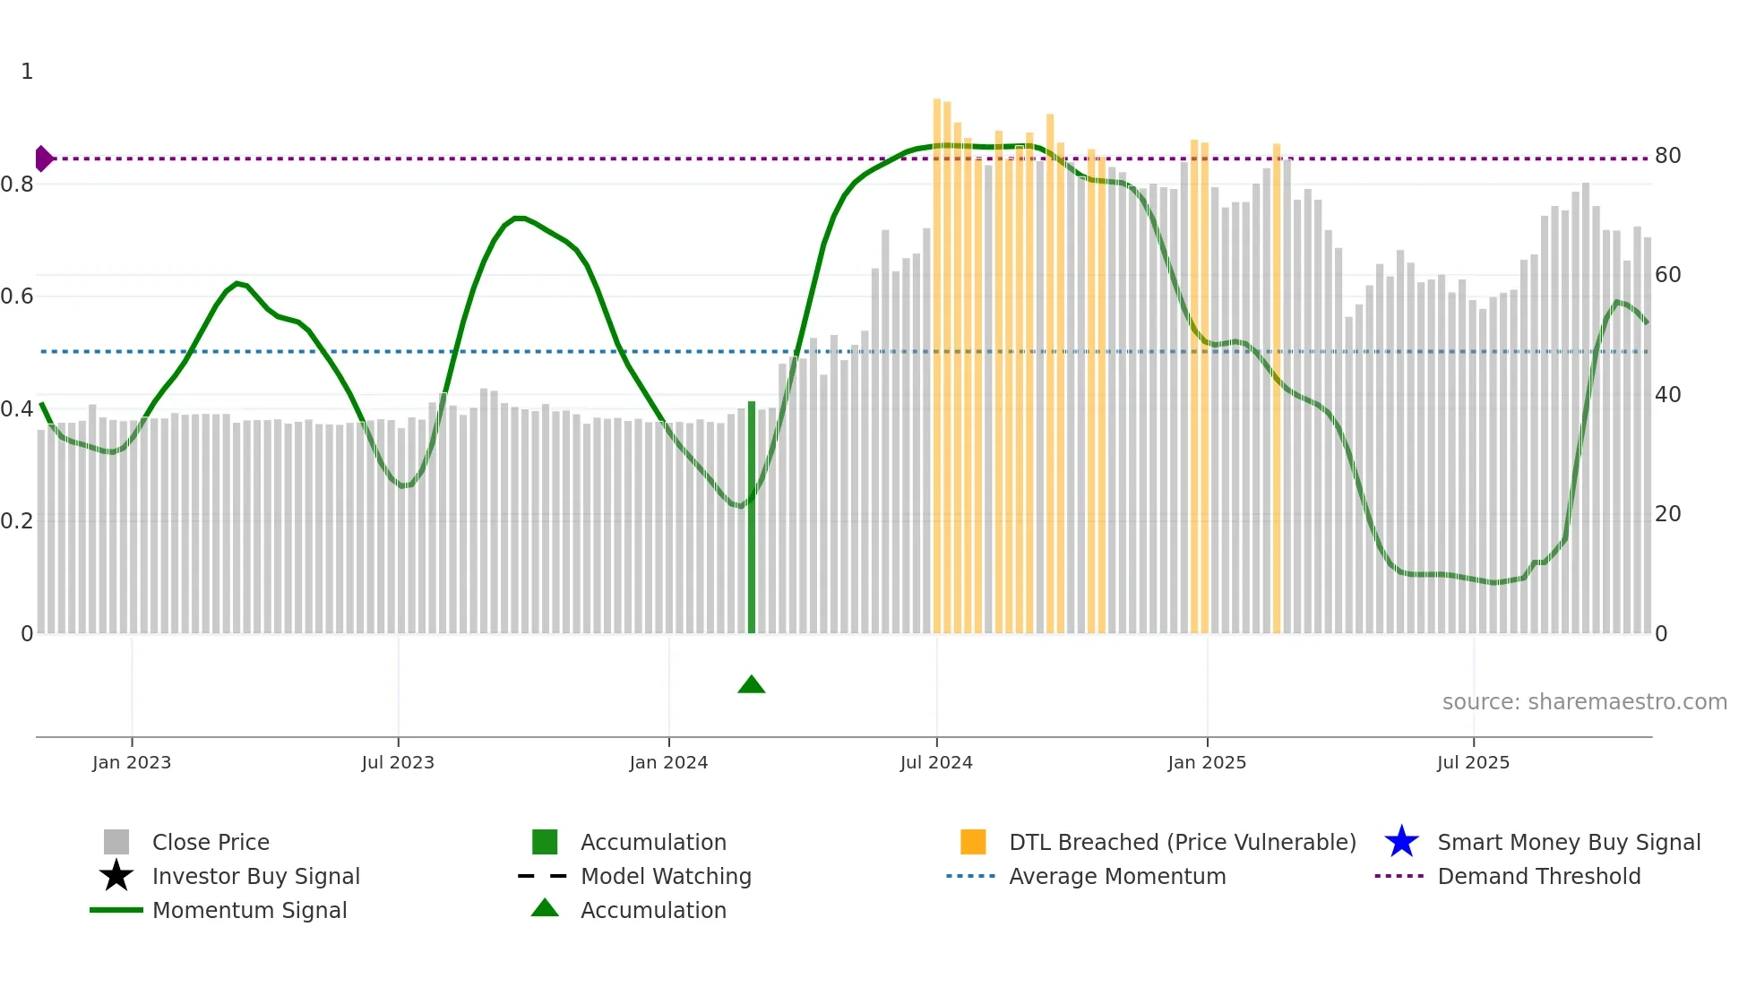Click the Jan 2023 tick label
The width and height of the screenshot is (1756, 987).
coord(131,762)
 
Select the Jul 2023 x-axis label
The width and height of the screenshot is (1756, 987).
coord(398,762)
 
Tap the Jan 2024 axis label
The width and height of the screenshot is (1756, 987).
coord(668,762)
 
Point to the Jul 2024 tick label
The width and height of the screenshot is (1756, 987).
coord(936,762)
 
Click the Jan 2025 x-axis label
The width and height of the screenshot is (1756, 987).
coord(1207,762)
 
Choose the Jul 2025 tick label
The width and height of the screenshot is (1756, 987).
coord(1473,762)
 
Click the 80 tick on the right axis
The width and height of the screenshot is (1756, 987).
coord(1667,156)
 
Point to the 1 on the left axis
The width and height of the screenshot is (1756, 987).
coord(27,72)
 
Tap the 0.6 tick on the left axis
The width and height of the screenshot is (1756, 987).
coord(16,296)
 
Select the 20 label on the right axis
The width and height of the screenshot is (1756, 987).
coord(1667,514)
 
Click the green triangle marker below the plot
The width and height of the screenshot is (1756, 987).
coord(751,685)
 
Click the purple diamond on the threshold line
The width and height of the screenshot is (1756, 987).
coord(43,159)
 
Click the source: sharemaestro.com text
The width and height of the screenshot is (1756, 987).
coord(1584,702)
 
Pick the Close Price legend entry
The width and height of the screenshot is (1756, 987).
coord(211,842)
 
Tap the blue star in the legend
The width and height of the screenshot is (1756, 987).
coord(1401,842)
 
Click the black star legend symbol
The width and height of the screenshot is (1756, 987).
coord(116,876)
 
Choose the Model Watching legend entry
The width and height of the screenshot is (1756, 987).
coord(666,876)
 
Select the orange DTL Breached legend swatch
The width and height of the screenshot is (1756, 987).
coord(973,842)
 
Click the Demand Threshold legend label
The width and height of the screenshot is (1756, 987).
coord(1538,876)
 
